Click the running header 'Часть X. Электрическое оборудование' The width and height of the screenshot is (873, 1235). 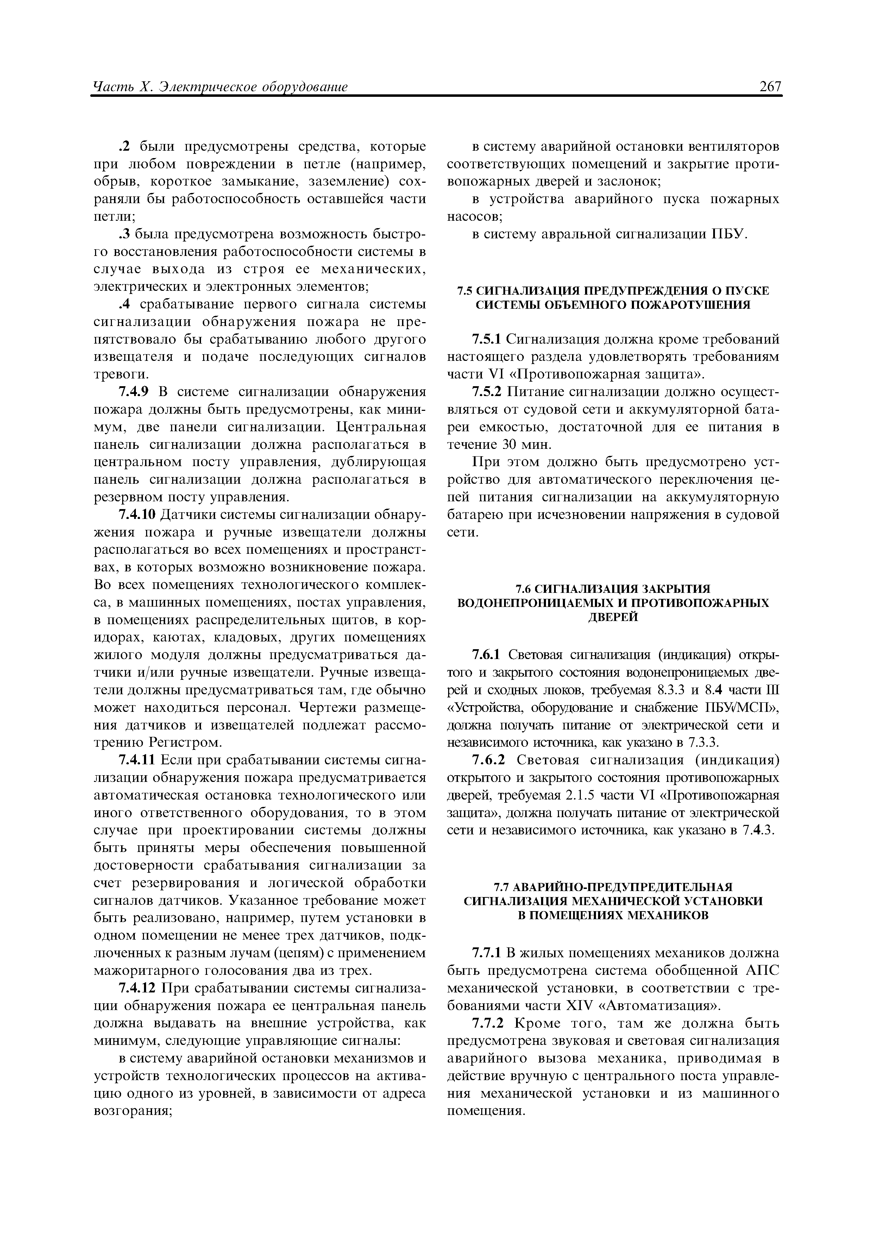pyautogui.click(x=220, y=87)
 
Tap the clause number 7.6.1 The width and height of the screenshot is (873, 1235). pyautogui.click(x=486, y=654)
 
